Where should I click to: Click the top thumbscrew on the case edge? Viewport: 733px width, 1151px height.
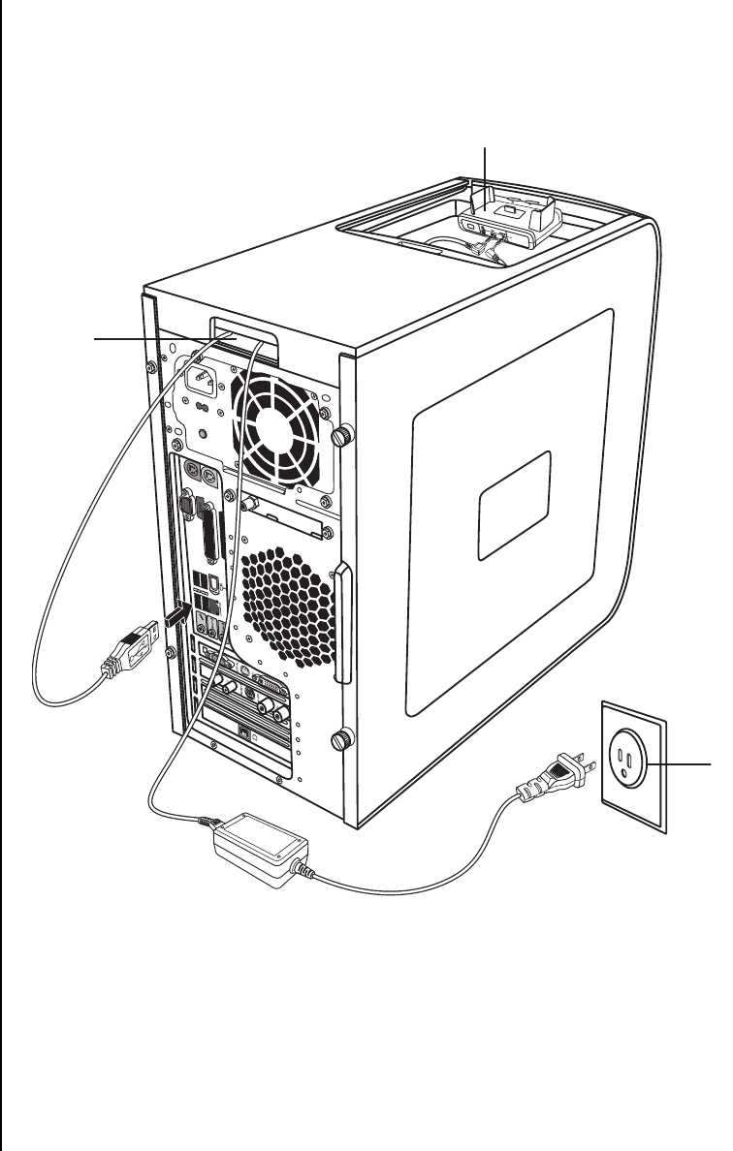[x=340, y=436]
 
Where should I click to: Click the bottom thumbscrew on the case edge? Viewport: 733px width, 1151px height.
[x=340, y=741]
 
